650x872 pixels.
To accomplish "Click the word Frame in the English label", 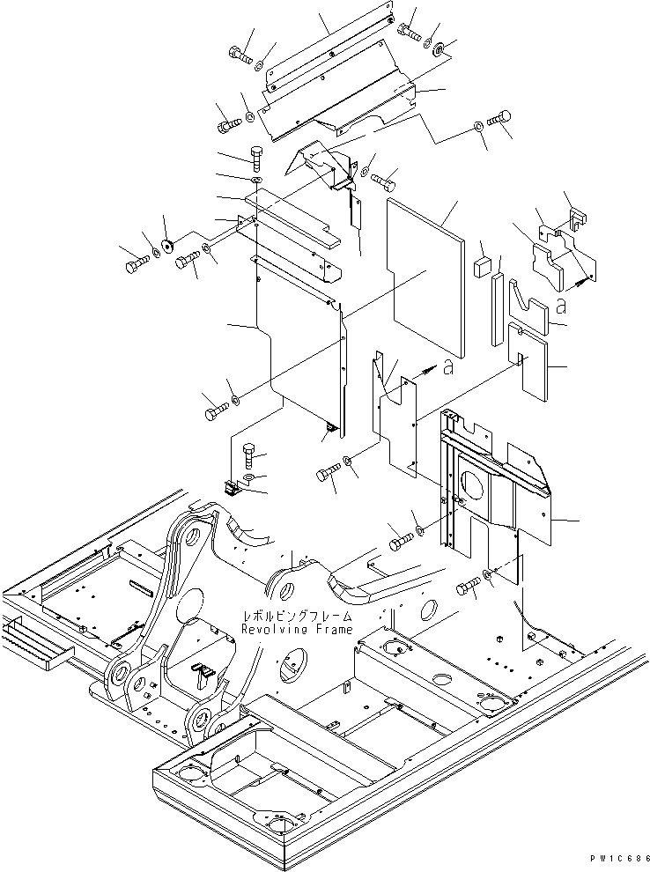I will tap(334, 630).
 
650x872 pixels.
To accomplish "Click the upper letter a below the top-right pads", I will tap(561, 307).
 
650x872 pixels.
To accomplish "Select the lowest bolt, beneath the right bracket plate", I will tap(469, 586).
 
